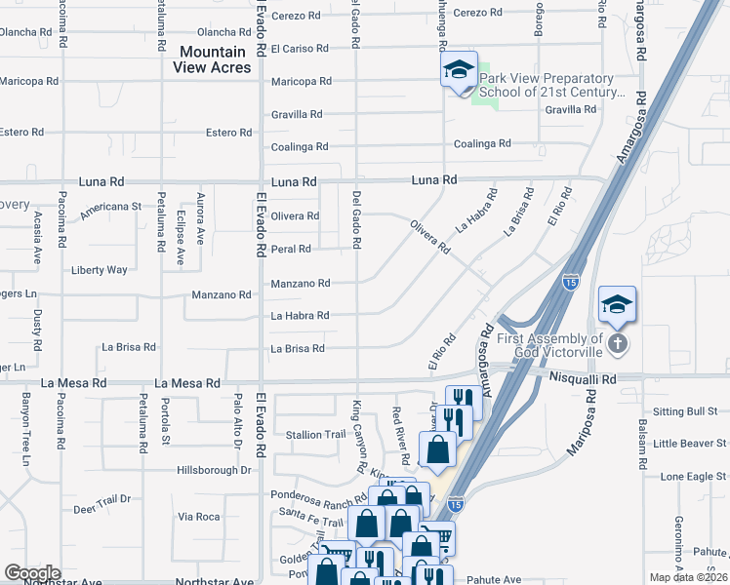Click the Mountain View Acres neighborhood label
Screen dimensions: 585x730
click(215, 58)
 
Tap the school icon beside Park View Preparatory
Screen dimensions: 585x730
click(457, 70)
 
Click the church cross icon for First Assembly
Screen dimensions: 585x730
click(617, 343)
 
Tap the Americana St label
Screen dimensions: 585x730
click(111, 207)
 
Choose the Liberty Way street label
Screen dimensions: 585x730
click(100, 270)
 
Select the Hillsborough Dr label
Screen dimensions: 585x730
click(214, 470)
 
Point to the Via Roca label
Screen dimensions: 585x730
click(198, 517)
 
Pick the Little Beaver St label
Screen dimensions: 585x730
click(691, 444)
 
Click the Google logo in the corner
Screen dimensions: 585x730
click(32, 573)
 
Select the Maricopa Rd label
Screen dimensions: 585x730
click(302, 81)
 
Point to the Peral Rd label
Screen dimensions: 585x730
click(291, 249)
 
